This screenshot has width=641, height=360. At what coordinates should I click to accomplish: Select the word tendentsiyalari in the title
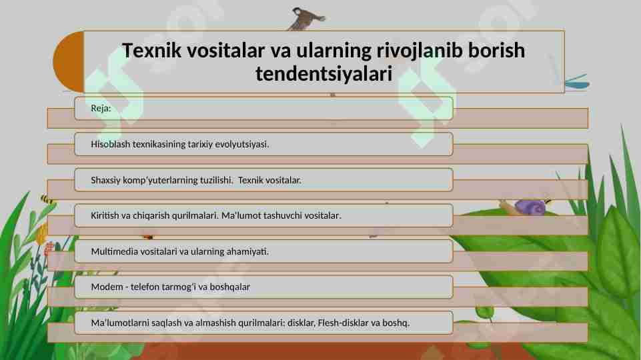point(323,74)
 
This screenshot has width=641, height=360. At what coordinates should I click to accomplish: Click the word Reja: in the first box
point(101,109)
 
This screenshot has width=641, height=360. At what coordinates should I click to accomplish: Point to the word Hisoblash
point(111,144)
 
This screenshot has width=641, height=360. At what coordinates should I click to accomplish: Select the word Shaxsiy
point(107,180)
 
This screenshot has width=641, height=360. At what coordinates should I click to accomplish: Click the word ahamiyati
point(247,251)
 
